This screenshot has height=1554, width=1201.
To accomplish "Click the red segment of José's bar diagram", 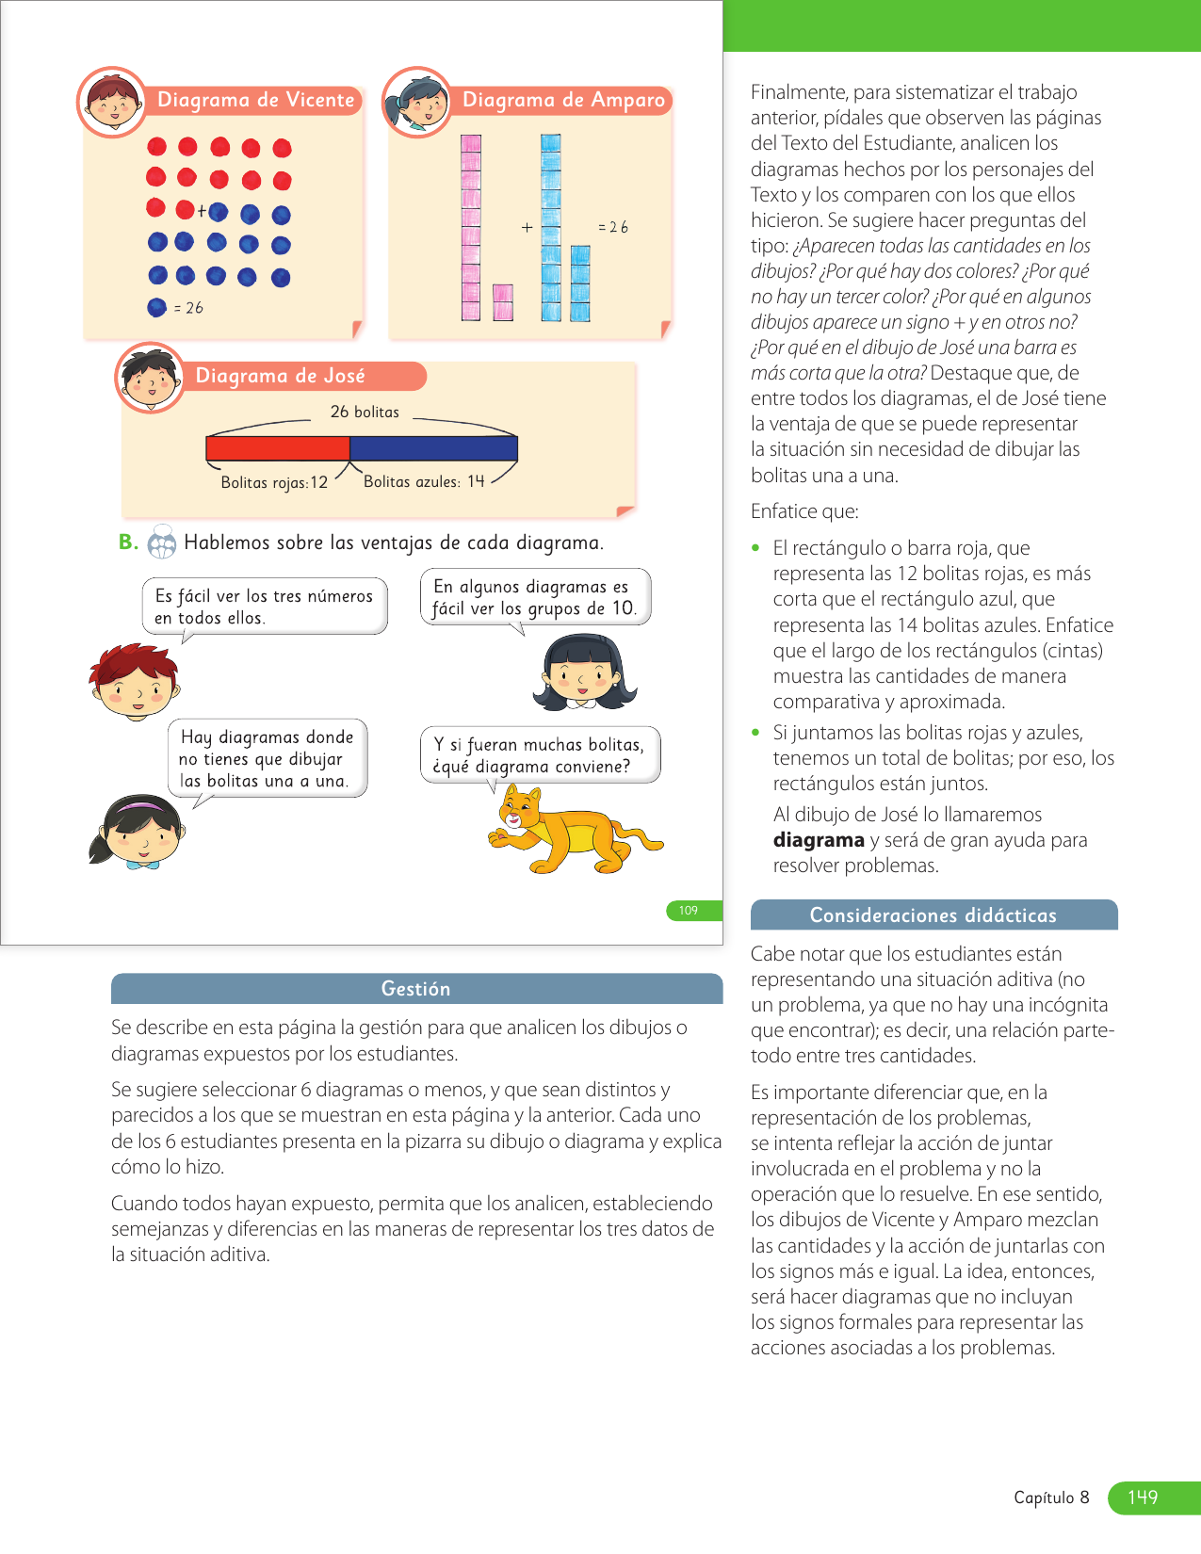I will click(x=278, y=448).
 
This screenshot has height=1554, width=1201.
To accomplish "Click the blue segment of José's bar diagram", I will click(x=433, y=448).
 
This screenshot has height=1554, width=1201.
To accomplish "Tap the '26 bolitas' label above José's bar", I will click(x=365, y=412).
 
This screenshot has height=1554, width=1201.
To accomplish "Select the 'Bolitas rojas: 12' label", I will click(x=274, y=482).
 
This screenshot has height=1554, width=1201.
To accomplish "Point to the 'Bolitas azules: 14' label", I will click(x=424, y=481).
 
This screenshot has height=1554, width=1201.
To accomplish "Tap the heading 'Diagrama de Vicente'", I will click(x=255, y=100).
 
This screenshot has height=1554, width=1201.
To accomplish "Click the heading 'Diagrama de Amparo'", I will click(x=563, y=100).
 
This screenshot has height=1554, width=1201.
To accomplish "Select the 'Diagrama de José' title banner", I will click(x=280, y=376).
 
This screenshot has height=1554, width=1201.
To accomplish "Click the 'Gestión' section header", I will click(x=415, y=989).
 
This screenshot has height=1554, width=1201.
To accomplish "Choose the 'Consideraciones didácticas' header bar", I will click(x=933, y=915).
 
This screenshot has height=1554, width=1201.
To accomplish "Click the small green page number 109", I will click(x=689, y=911).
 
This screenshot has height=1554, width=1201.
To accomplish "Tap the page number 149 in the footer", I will click(x=1142, y=1497).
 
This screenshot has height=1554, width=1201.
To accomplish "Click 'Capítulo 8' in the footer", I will click(x=1051, y=1497).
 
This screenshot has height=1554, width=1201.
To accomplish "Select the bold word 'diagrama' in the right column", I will click(x=819, y=840).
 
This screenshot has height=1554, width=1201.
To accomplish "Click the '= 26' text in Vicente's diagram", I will click(x=188, y=308).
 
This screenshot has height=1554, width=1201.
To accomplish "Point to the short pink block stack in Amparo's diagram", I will click(x=503, y=303).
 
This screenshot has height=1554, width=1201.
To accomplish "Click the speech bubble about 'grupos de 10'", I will click(x=535, y=597).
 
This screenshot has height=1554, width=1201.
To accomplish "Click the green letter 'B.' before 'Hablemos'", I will click(x=128, y=542).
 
